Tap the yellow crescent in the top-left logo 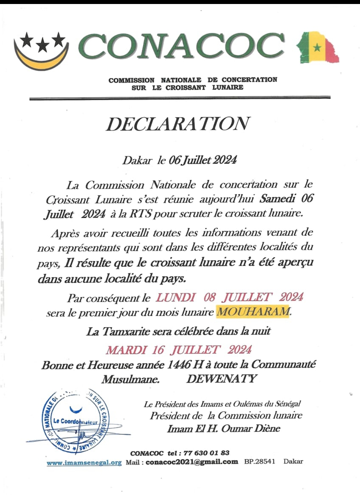click(x=40, y=60)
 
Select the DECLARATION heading click(x=178, y=124)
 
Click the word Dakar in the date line click(x=137, y=161)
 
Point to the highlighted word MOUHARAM click(x=253, y=312)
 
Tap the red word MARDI click(x=126, y=350)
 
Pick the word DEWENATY click(x=222, y=379)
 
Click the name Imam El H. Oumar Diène click(x=224, y=428)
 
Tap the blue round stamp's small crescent click(x=76, y=409)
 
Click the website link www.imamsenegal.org click(x=84, y=463)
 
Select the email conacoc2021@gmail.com click(x=192, y=462)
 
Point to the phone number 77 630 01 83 click(x=206, y=453)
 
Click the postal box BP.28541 click(x=260, y=462)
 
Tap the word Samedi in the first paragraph click(x=277, y=199)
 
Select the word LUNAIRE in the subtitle click(x=228, y=88)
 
